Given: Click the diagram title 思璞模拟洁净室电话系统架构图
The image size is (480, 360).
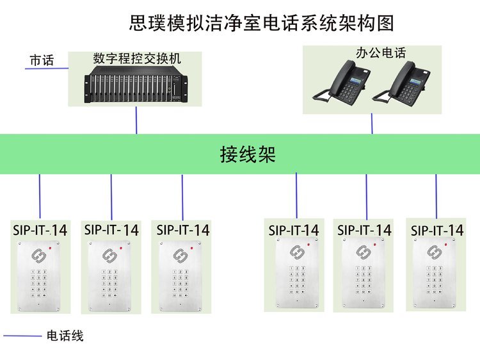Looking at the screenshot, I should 261,23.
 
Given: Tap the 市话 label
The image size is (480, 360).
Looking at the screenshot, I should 42,61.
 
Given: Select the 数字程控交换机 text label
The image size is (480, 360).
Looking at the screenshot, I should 137,58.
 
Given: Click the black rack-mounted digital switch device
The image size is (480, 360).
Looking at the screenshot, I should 136,87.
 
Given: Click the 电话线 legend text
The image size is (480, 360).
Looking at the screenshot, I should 65,336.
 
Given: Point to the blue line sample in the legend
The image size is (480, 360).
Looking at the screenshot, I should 22,336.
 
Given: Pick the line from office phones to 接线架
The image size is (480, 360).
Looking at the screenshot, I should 372,124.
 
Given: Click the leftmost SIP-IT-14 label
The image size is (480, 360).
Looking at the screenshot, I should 40,230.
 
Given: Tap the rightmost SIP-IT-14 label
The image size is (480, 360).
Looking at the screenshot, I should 437,230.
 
